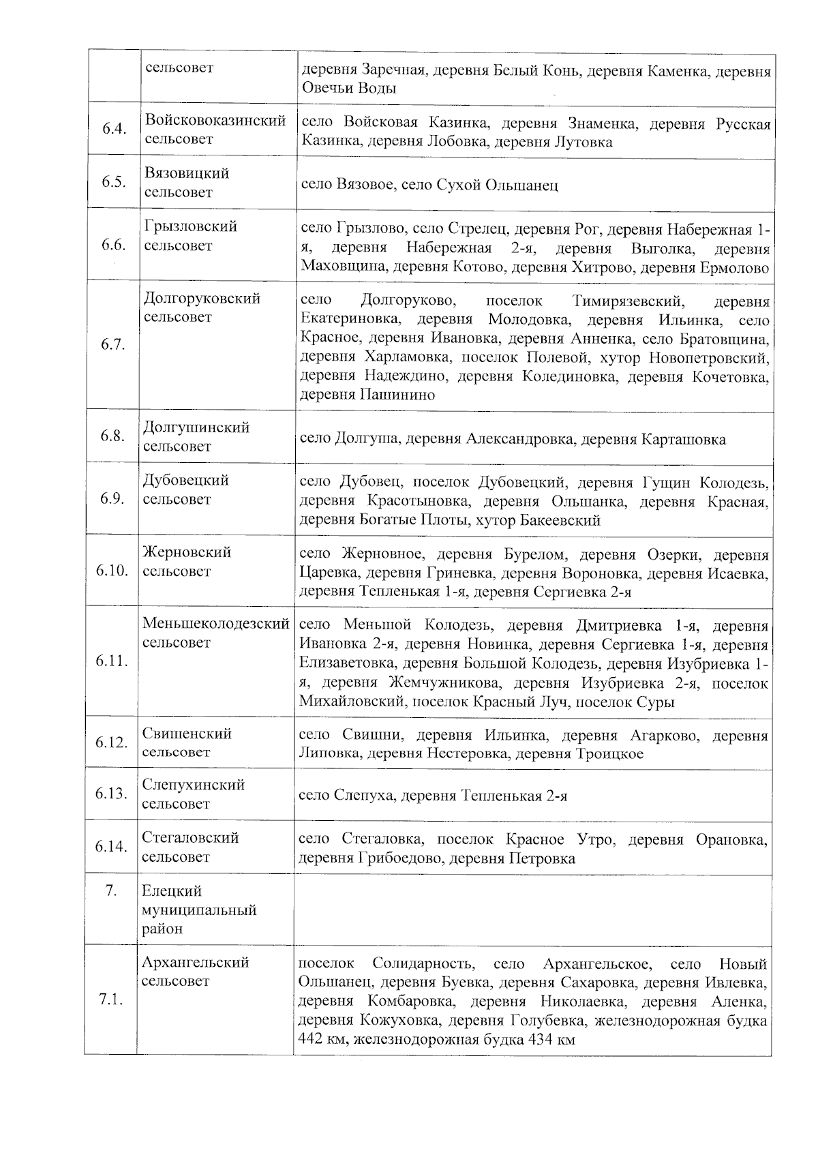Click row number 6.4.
[x=114, y=130]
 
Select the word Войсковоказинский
[x=215, y=121]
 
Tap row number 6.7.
[x=112, y=344]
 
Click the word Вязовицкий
[x=187, y=173]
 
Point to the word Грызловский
[x=190, y=226]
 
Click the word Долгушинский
[x=196, y=427]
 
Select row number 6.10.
[x=112, y=570]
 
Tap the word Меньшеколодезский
[x=215, y=623]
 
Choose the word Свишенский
[x=187, y=734]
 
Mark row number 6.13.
[x=112, y=794]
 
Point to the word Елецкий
[x=172, y=891]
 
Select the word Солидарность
[x=423, y=964]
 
